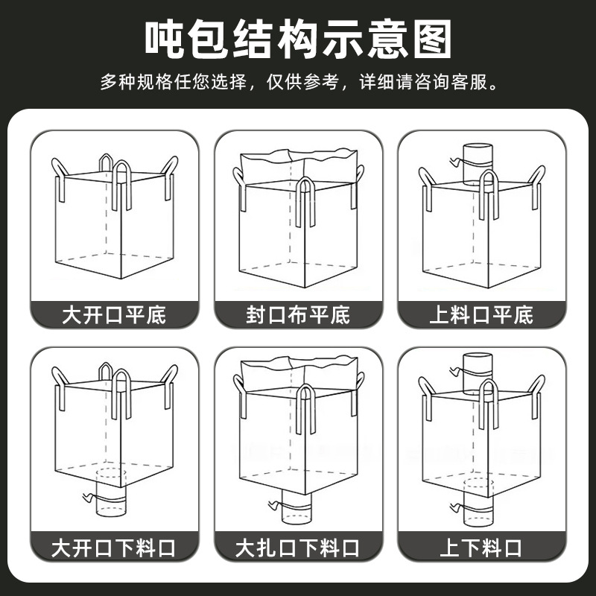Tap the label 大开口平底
(114, 314)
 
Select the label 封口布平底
(298, 314)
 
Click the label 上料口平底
(481, 314)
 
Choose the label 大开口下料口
(114, 549)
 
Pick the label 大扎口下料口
(298, 549)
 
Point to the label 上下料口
(481, 549)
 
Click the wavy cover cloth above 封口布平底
(297, 165)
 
